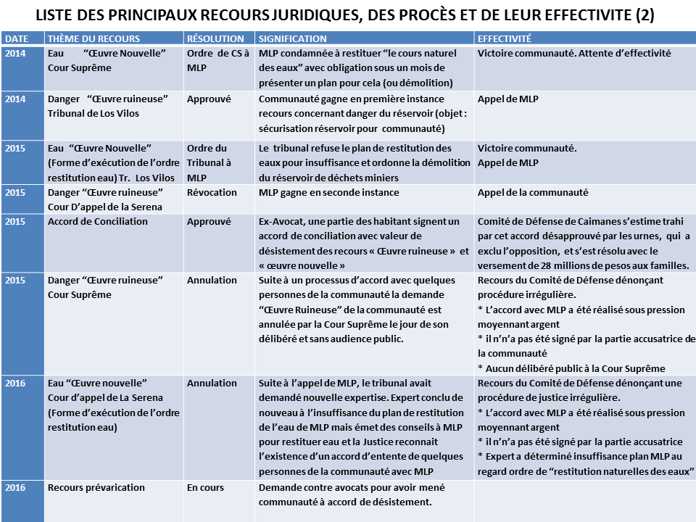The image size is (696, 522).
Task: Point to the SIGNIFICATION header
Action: (x=292, y=39)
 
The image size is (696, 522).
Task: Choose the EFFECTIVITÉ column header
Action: (x=505, y=39)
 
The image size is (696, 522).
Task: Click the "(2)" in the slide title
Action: (x=639, y=15)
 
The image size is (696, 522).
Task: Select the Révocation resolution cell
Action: (x=212, y=193)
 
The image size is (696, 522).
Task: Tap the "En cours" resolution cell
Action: (x=205, y=487)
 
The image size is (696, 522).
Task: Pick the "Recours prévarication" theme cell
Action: (x=96, y=487)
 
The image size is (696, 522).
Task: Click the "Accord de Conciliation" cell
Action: (x=98, y=222)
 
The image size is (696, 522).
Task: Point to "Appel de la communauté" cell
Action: (x=533, y=193)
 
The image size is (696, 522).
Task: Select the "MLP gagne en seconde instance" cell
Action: (x=329, y=193)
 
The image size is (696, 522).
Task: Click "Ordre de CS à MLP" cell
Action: (x=217, y=60)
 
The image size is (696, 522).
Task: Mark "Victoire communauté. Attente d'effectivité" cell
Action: (x=574, y=53)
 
